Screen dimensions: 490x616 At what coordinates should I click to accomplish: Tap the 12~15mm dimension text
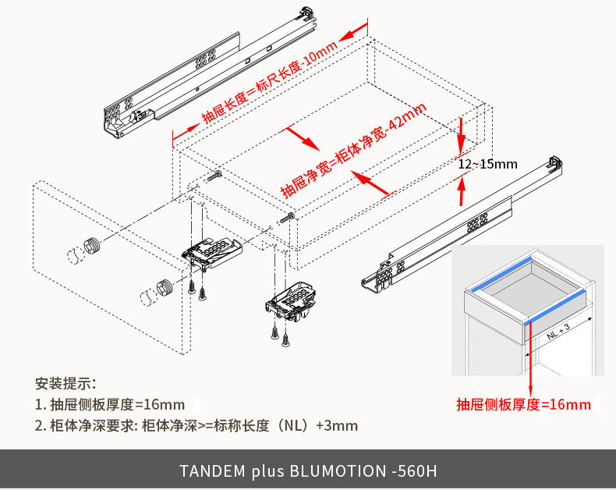coord(487,164)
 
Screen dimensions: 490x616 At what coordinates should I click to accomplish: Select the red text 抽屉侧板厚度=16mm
coord(523,404)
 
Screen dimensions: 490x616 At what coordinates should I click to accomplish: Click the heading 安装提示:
coord(65,383)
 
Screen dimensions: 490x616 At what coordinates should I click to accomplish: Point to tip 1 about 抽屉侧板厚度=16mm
coord(110,404)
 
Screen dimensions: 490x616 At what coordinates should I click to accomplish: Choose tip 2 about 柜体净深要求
coord(196,425)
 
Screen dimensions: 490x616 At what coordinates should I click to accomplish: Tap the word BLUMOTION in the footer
coord(337,471)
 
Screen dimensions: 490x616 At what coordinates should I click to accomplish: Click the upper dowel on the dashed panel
coord(92,247)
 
